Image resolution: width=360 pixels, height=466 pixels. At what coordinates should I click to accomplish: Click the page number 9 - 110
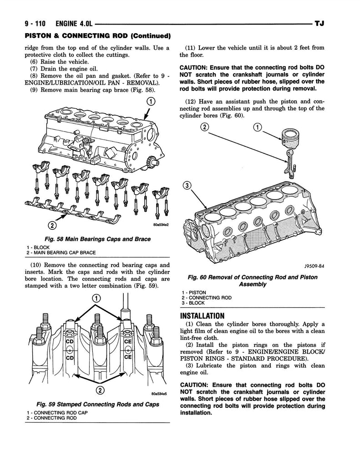coord(35,24)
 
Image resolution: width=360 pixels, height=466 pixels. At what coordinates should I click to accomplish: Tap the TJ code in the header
coord(319,24)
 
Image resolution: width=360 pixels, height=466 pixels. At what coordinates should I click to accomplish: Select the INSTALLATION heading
coord(202,316)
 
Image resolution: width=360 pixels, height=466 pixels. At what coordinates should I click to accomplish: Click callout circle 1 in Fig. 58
coord(151,101)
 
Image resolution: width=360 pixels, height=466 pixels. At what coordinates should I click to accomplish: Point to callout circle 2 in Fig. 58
coord(52,226)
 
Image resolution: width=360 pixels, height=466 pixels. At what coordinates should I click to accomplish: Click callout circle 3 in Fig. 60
coord(187,186)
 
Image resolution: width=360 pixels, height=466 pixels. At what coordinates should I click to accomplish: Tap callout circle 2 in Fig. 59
coord(100,390)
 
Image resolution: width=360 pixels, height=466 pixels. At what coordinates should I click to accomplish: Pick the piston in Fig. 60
coord(290,137)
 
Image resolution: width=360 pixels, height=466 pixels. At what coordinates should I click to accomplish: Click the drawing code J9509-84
coord(314,266)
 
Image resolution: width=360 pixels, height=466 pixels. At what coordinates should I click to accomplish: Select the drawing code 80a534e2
coord(161,225)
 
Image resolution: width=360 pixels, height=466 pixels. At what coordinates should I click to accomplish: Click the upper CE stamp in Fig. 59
coord(127,342)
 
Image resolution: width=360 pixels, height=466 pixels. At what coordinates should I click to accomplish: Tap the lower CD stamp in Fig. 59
coord(70,358)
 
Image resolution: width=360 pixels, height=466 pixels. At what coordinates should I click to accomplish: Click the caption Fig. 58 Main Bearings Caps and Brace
coord(97,239)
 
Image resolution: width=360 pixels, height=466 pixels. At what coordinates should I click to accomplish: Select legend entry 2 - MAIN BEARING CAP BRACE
coord(61,253)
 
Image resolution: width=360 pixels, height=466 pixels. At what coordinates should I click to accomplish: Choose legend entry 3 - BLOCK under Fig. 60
coord(193,303)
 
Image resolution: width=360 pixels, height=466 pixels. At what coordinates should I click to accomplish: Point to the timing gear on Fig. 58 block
coord(155,163)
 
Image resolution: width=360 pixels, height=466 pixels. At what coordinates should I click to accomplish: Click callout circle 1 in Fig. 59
coord(96,298)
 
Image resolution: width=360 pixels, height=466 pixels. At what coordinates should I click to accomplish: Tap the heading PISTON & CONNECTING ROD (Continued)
coord(98,36)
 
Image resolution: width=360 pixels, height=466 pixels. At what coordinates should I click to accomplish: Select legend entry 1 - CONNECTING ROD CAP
coord(57,412)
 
